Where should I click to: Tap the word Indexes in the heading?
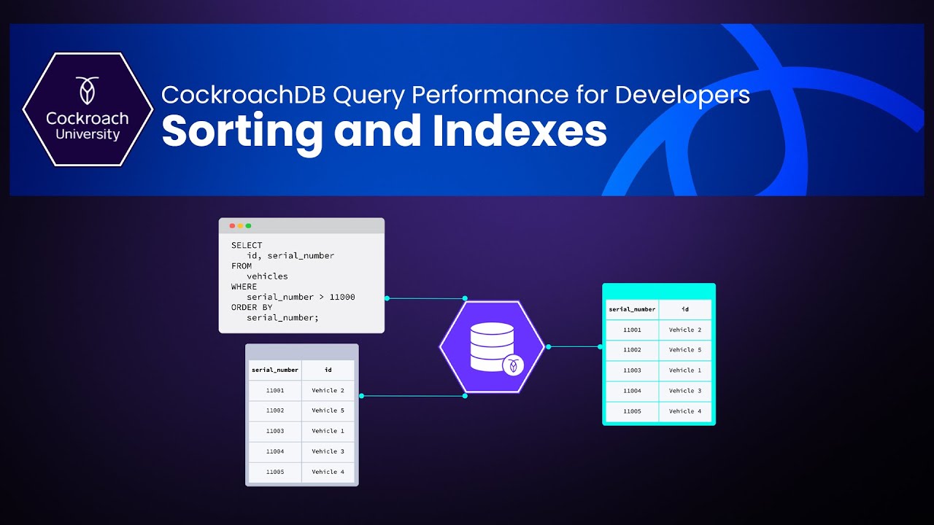point(520,131)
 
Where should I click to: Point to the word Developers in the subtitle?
point(682,95)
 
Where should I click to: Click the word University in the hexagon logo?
point(88,134)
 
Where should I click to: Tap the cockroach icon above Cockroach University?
point(88,91)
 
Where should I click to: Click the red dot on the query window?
point(232,226)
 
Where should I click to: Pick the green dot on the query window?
point(248,226)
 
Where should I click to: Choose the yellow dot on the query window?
point(240,226)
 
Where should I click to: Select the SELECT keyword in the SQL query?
point(247,246)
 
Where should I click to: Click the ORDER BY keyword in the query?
point(252,307)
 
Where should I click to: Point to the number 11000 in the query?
point(342,297)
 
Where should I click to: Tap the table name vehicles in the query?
point(267,276)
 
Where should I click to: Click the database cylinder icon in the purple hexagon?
point(492,346)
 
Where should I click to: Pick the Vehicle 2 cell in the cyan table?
point(684,330)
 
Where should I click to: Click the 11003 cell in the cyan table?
point(632,370)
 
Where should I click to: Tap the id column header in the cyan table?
point(684,309)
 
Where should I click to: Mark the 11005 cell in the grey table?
point(275,472)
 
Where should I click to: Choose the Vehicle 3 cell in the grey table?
point(328,451)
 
